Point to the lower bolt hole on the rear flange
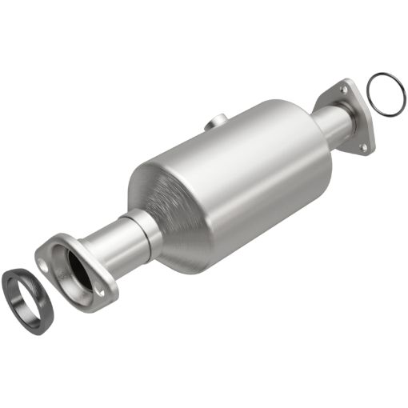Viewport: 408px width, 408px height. tap(363, 146)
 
